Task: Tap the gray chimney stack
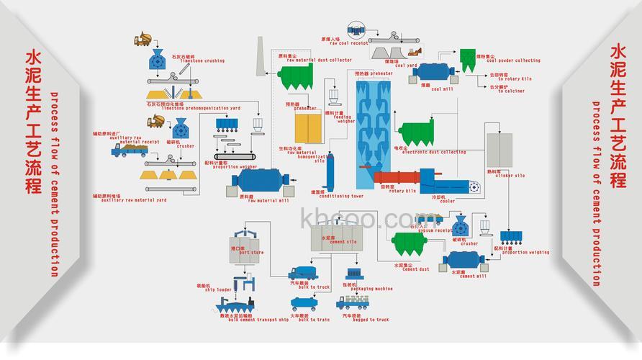click(261, 57)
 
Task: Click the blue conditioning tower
click(332, 171)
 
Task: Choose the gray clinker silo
click(499, 150)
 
